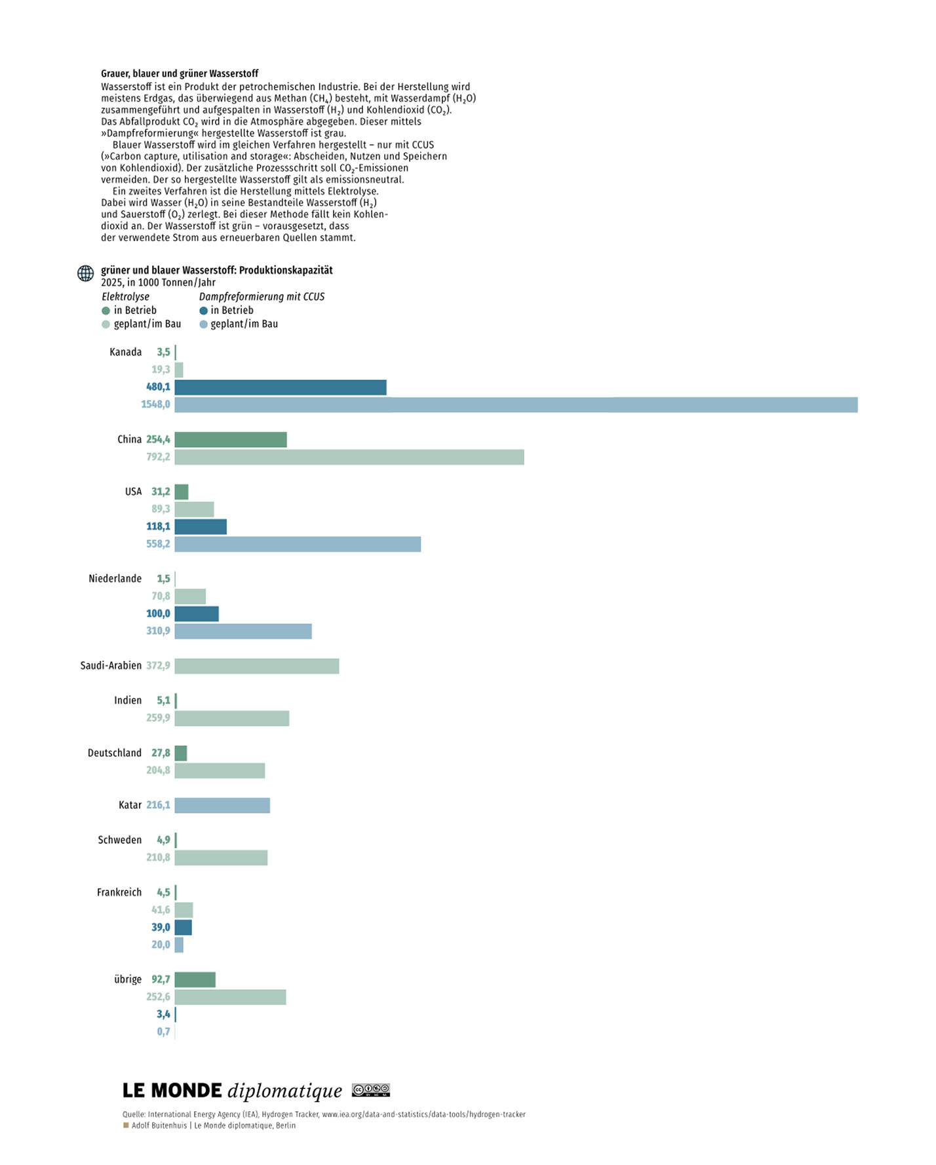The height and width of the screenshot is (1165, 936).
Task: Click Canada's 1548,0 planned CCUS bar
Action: (x=516, y=405)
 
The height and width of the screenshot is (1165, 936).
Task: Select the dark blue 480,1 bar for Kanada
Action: (x=281, y=387)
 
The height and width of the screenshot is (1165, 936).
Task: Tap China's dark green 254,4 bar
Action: (x=231, y=439)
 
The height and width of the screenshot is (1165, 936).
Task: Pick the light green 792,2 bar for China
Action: (x=349, y=457)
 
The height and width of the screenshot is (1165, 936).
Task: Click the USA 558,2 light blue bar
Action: (x=298, y=544)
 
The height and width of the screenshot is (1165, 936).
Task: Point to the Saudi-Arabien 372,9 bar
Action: (x=257, y=666)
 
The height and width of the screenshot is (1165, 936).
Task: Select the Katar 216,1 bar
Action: (x=222, y=805)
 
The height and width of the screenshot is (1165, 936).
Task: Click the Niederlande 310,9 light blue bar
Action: (x=243, y=631)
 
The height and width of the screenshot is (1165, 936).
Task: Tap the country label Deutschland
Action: (x=115, y=753)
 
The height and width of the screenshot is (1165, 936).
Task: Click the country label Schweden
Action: (x=120, y=840)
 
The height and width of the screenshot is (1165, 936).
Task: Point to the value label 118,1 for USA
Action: (x=158, y=526)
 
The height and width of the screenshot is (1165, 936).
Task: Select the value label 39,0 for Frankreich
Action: (x=161, y=928)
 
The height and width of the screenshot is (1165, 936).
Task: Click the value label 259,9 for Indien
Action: (x=158, y=718)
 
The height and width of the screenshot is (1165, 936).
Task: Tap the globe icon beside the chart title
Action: (x=86, y=273)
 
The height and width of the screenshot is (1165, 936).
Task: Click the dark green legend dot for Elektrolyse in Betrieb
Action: (x=106, y=311)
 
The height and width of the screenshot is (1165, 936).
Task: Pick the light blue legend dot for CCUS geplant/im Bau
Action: (x=203, y=325)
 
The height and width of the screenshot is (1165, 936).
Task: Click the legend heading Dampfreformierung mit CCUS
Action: (x=262, y=297)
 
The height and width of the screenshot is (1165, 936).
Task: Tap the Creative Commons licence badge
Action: (x=371, y=1090)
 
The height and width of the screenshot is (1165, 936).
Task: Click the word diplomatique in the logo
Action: (x=285, y=1092)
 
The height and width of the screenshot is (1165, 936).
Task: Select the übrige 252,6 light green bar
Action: (x=230, y=997)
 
